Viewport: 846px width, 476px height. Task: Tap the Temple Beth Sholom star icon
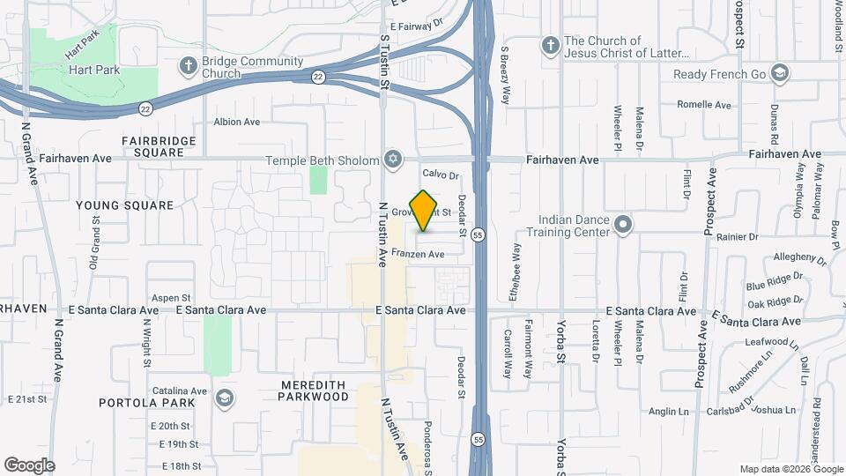[393, 160]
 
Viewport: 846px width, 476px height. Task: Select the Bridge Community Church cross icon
[187, 65]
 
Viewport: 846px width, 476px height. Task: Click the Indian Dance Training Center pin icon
[623, 225]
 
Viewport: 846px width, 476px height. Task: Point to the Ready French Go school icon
[778, 73]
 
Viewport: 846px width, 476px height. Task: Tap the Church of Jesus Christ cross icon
[550, 45]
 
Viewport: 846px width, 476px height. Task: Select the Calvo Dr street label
[441, 175]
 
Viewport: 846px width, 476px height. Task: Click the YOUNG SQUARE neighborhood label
[124, 205]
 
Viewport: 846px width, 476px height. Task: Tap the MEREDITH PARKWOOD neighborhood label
[314, 391]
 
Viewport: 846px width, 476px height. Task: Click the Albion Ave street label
[237, 122]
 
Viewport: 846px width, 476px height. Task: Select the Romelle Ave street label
[704, 105]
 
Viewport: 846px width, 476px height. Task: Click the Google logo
[29, 465]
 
